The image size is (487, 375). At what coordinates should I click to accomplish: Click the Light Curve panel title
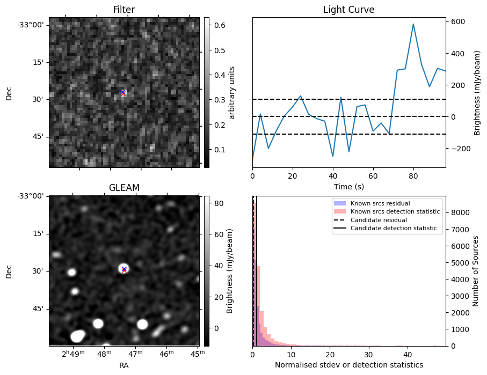[x=348, y=10]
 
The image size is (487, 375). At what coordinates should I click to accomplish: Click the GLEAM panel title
[x=124, y=188]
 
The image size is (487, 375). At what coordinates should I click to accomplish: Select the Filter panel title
[x=124, y=10]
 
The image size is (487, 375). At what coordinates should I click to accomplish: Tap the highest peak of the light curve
[x=413, y=24]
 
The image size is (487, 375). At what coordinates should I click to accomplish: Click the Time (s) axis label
[x=348, y=186]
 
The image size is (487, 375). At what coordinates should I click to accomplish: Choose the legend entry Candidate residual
[x=379, y=220]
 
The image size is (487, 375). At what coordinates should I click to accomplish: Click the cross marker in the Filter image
[x=123, y=93]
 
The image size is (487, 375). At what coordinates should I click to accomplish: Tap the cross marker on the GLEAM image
[x=124, y=269]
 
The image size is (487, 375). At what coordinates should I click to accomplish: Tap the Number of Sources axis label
[x=476, y=271]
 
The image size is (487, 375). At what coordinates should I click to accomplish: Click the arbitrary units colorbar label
[x=232, y=93]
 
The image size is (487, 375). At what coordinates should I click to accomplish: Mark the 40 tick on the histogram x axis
[x=408, y=355]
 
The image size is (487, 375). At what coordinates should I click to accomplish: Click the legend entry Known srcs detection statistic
[x=395, y=211]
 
